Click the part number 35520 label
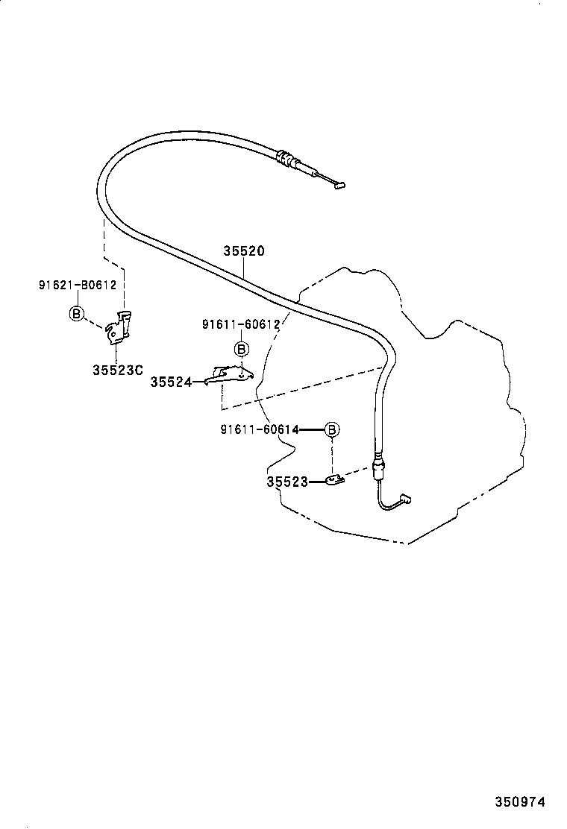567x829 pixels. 243,251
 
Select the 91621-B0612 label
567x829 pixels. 78,285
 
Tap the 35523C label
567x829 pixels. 118,369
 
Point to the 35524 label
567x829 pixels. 170,382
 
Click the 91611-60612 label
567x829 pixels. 240,324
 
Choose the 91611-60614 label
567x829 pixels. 260,429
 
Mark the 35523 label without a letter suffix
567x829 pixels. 287,482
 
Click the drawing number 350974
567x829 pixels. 521,802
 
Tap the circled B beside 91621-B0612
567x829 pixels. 76,314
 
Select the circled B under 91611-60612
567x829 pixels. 241,349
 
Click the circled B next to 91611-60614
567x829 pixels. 332,429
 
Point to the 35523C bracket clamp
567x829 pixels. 119,329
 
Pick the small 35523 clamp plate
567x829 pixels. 334,479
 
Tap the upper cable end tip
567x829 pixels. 339,186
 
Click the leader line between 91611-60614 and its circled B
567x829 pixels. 312,429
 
